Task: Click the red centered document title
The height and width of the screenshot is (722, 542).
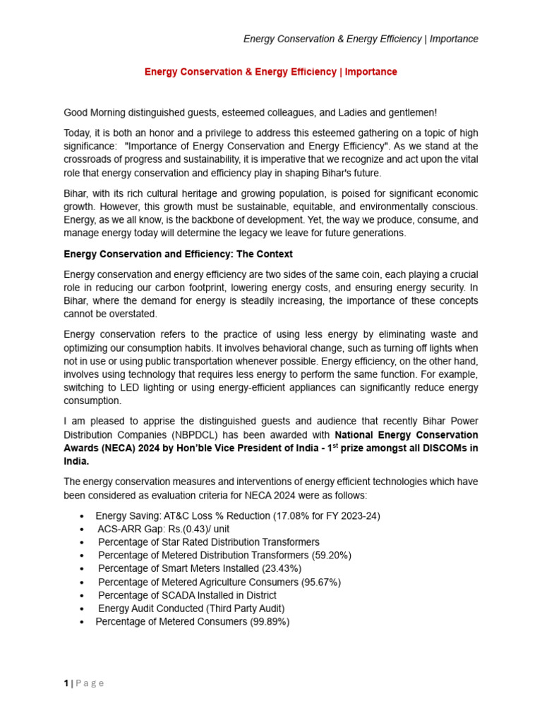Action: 271,72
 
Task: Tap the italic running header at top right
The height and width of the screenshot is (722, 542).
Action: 361,39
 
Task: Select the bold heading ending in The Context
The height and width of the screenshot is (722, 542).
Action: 178,254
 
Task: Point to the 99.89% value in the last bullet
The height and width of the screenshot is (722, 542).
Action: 270,621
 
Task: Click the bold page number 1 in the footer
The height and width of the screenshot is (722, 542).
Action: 66,683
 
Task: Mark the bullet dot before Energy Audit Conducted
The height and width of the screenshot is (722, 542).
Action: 83,608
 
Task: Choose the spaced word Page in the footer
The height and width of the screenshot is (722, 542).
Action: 90,683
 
